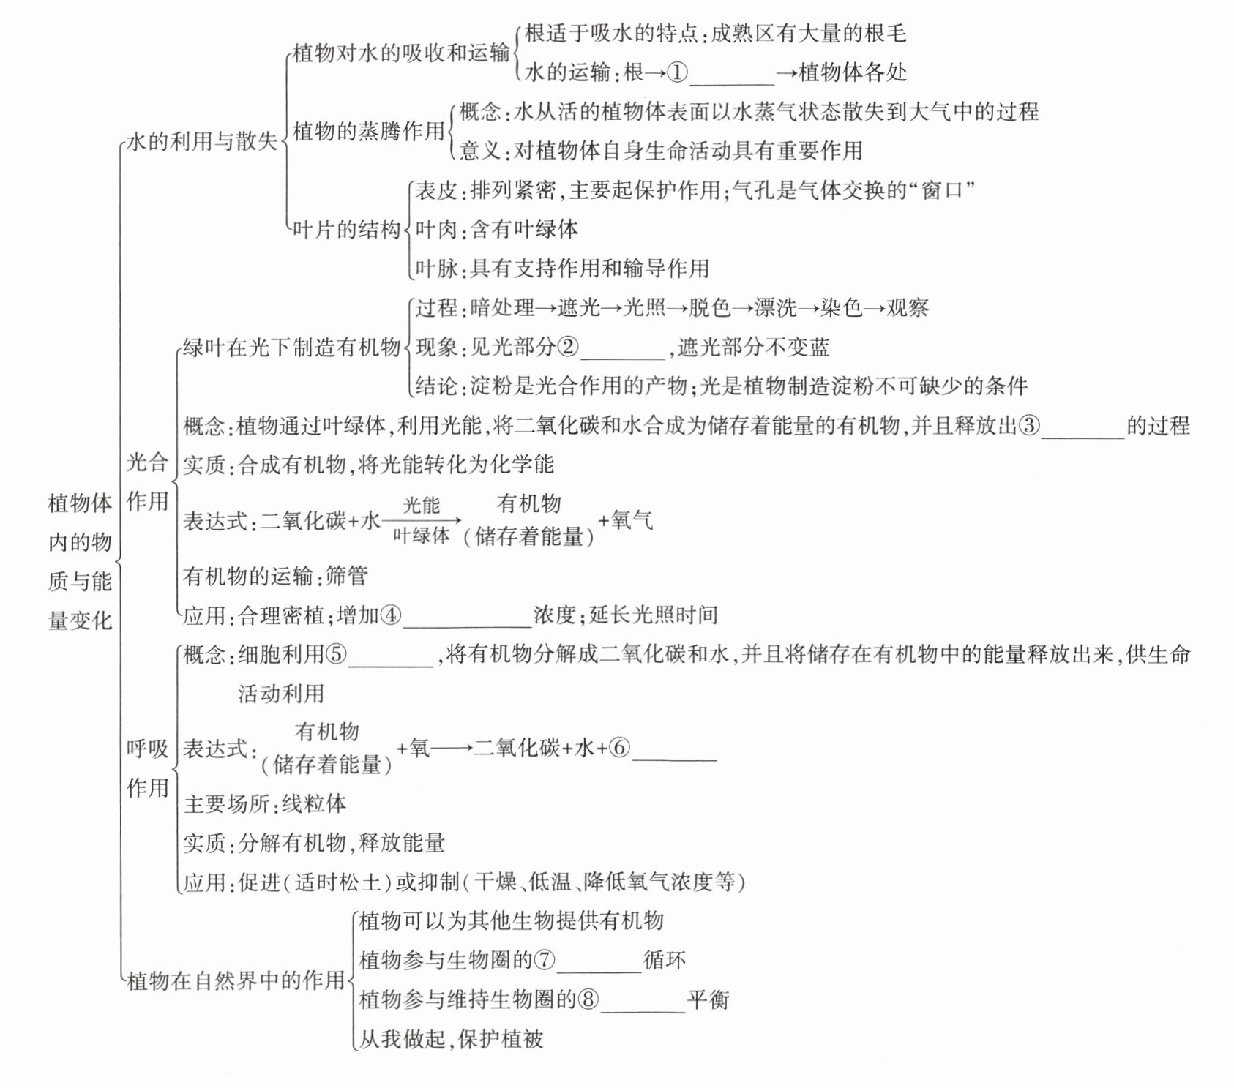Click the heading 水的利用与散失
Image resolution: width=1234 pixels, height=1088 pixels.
click(x=202, y=141)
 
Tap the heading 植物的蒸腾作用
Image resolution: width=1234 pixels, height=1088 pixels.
click(x=369, y=132)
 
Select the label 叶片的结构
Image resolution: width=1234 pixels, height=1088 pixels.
click(x=346, y=230)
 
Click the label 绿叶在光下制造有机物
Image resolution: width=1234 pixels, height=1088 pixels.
click(x=291, y=347)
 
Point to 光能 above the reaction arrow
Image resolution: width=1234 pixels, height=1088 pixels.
click(x=422, y=505)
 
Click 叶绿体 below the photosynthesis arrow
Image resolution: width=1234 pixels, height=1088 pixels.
click(x=421, y=536)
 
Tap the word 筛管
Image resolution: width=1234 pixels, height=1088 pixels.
click(x=346, y=577)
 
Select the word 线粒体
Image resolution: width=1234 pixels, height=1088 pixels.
click(x=314, y=804)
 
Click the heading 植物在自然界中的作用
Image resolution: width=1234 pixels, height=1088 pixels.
click(x=236, y=980)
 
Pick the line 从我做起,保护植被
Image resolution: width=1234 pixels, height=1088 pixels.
click(x=451, y=1039)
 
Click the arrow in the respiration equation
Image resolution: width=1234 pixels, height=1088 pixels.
click(x=452, y=749)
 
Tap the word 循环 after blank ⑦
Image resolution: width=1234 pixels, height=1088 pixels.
click(x=665, y=960)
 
